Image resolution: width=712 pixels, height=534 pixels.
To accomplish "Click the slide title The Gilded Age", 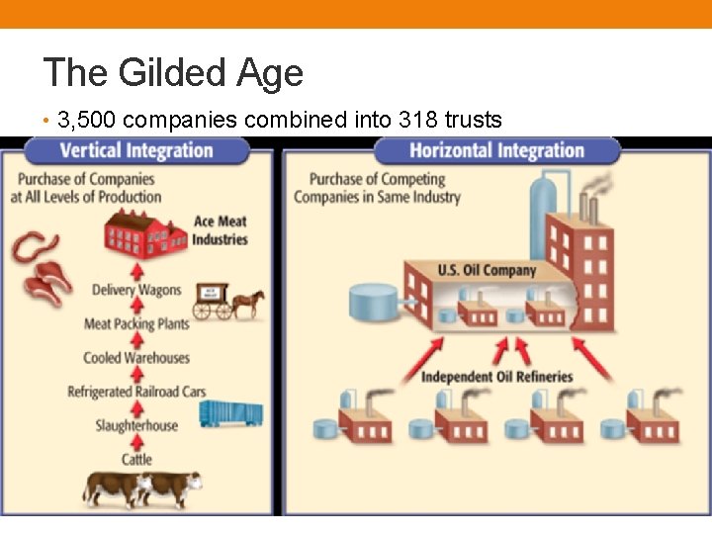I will click(173, 72).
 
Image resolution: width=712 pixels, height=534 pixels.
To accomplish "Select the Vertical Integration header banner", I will click(136, 151).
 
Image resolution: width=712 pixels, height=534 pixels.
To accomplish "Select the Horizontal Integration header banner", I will click(496, 151).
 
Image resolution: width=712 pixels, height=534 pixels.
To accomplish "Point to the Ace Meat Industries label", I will click(219, 230).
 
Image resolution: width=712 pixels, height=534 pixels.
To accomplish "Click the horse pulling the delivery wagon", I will click(247, 301).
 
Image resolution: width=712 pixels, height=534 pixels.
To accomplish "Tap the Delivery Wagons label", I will click(136, 290).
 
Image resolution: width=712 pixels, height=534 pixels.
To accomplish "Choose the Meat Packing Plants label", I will click(136, 323).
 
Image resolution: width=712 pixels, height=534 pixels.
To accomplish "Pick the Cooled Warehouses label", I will click(136, 357).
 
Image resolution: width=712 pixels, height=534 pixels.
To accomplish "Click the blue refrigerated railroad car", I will click(230, 411).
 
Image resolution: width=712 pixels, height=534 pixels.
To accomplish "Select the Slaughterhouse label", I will click(136, 425).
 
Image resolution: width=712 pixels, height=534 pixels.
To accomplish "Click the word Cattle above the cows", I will click(136, 459).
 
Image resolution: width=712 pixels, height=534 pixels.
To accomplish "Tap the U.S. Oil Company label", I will click(487, 270).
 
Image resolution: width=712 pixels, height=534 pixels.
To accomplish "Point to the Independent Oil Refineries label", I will click(496, 377).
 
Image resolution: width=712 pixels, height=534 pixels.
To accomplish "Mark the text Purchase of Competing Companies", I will click(377, 188).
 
